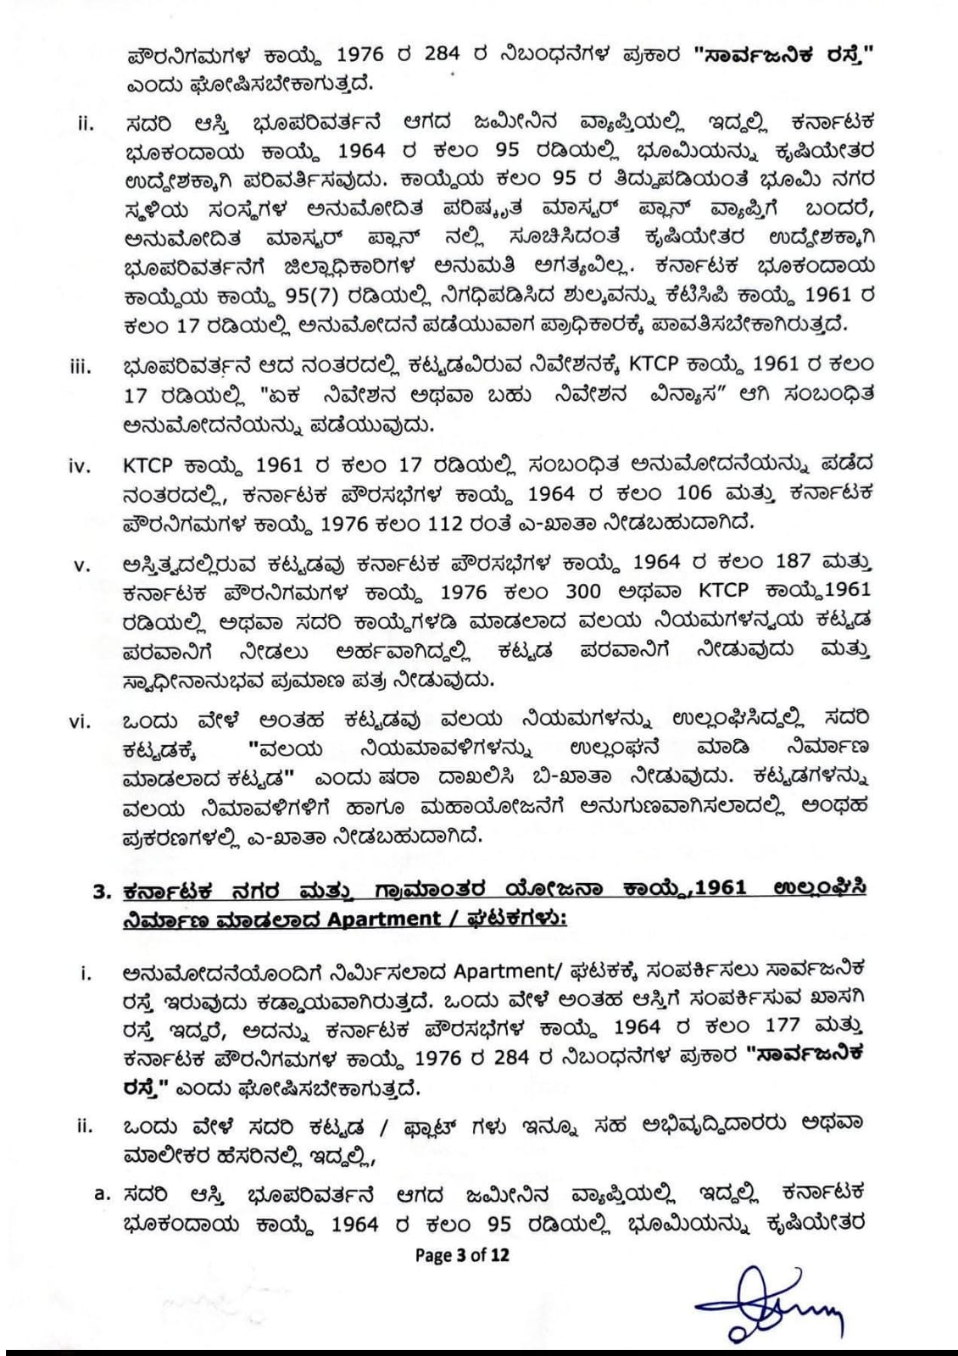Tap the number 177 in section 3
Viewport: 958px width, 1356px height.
(777, 1025)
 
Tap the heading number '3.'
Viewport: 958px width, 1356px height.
(104, 889)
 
